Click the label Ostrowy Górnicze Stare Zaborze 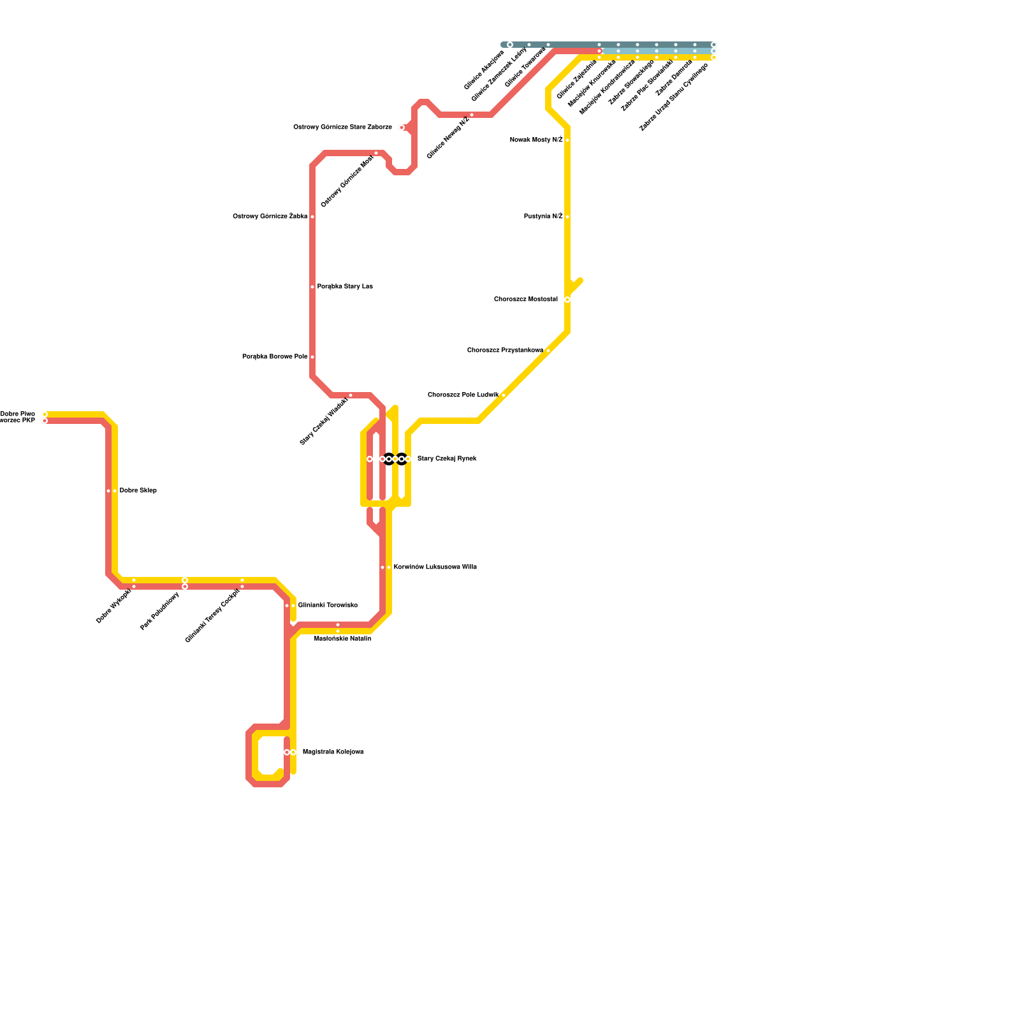pos(342,127)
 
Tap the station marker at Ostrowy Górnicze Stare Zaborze pos(402,127)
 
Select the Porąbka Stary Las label pos(345,287)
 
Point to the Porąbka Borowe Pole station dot pos(312,357)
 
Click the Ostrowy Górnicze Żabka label pos(270,217)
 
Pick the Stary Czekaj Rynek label pos(447,459)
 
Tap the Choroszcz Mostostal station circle pos(567,300)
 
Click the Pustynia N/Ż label pos(543,217)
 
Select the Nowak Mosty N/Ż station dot pos(567,140)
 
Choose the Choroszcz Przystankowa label pos(505,351)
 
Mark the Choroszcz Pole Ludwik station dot pos(504,395)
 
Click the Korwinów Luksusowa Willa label pos(435,567)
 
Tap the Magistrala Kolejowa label pos(333,752)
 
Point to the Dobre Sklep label pos(138,491)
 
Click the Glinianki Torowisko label pos(328,606)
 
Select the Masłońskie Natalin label pos(342,638)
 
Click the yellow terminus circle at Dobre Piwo pos(45,414)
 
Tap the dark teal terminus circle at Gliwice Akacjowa pos(510,45)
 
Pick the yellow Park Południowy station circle pos(185,580)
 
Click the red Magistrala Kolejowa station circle pos(287,752)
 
